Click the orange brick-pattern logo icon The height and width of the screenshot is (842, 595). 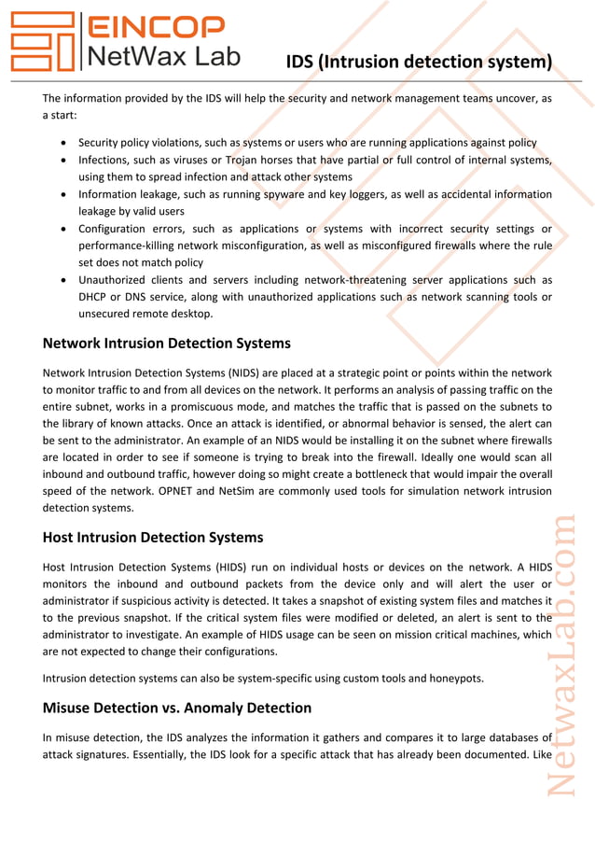[42, 42]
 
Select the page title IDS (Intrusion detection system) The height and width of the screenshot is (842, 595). [418, 63]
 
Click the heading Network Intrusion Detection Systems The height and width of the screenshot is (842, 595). [166, 344]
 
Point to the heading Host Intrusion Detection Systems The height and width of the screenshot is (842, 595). [153, 538]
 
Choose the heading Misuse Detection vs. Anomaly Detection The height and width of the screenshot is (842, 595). [177, 708]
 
